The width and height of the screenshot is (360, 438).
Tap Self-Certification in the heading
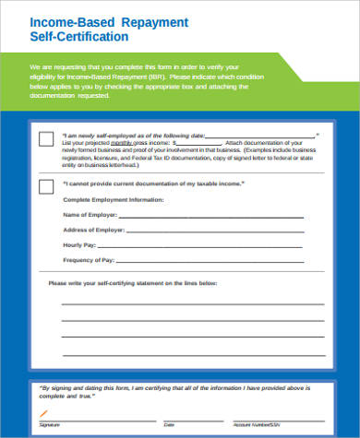click(x=79, y=37)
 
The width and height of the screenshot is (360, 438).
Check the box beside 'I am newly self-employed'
click(x=45, y=139)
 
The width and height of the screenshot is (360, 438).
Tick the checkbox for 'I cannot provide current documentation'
click(x=45, y=186)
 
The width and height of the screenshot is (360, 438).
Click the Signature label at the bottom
click(x=51, y=425)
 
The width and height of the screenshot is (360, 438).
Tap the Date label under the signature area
click(x=168, y=425)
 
